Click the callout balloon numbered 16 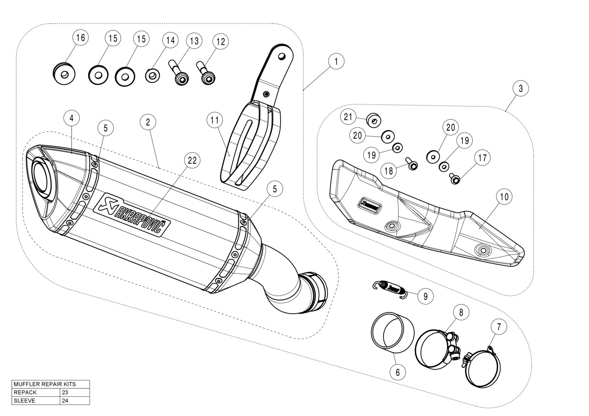click(x=80, y=38)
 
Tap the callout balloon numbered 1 click(x=336, y=61)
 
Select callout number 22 click(x=192, y=160)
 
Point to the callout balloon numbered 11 click(x=214, y=120)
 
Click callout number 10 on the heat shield click(x=504, y=196)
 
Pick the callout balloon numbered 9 click(x=426, y=296)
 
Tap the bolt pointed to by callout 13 click(x=180, y=74)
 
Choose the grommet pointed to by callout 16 click(x=64, y=73)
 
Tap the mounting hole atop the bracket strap click(x=281, y=56)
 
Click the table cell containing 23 click(x=75, y=392)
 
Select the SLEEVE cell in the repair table click(x=36, y=401)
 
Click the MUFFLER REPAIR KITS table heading click(x=50, y=384)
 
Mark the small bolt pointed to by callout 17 click(x=455, y=179)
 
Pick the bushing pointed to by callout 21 click(x=373, y=120)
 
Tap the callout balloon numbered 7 click(x=499, y=327)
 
